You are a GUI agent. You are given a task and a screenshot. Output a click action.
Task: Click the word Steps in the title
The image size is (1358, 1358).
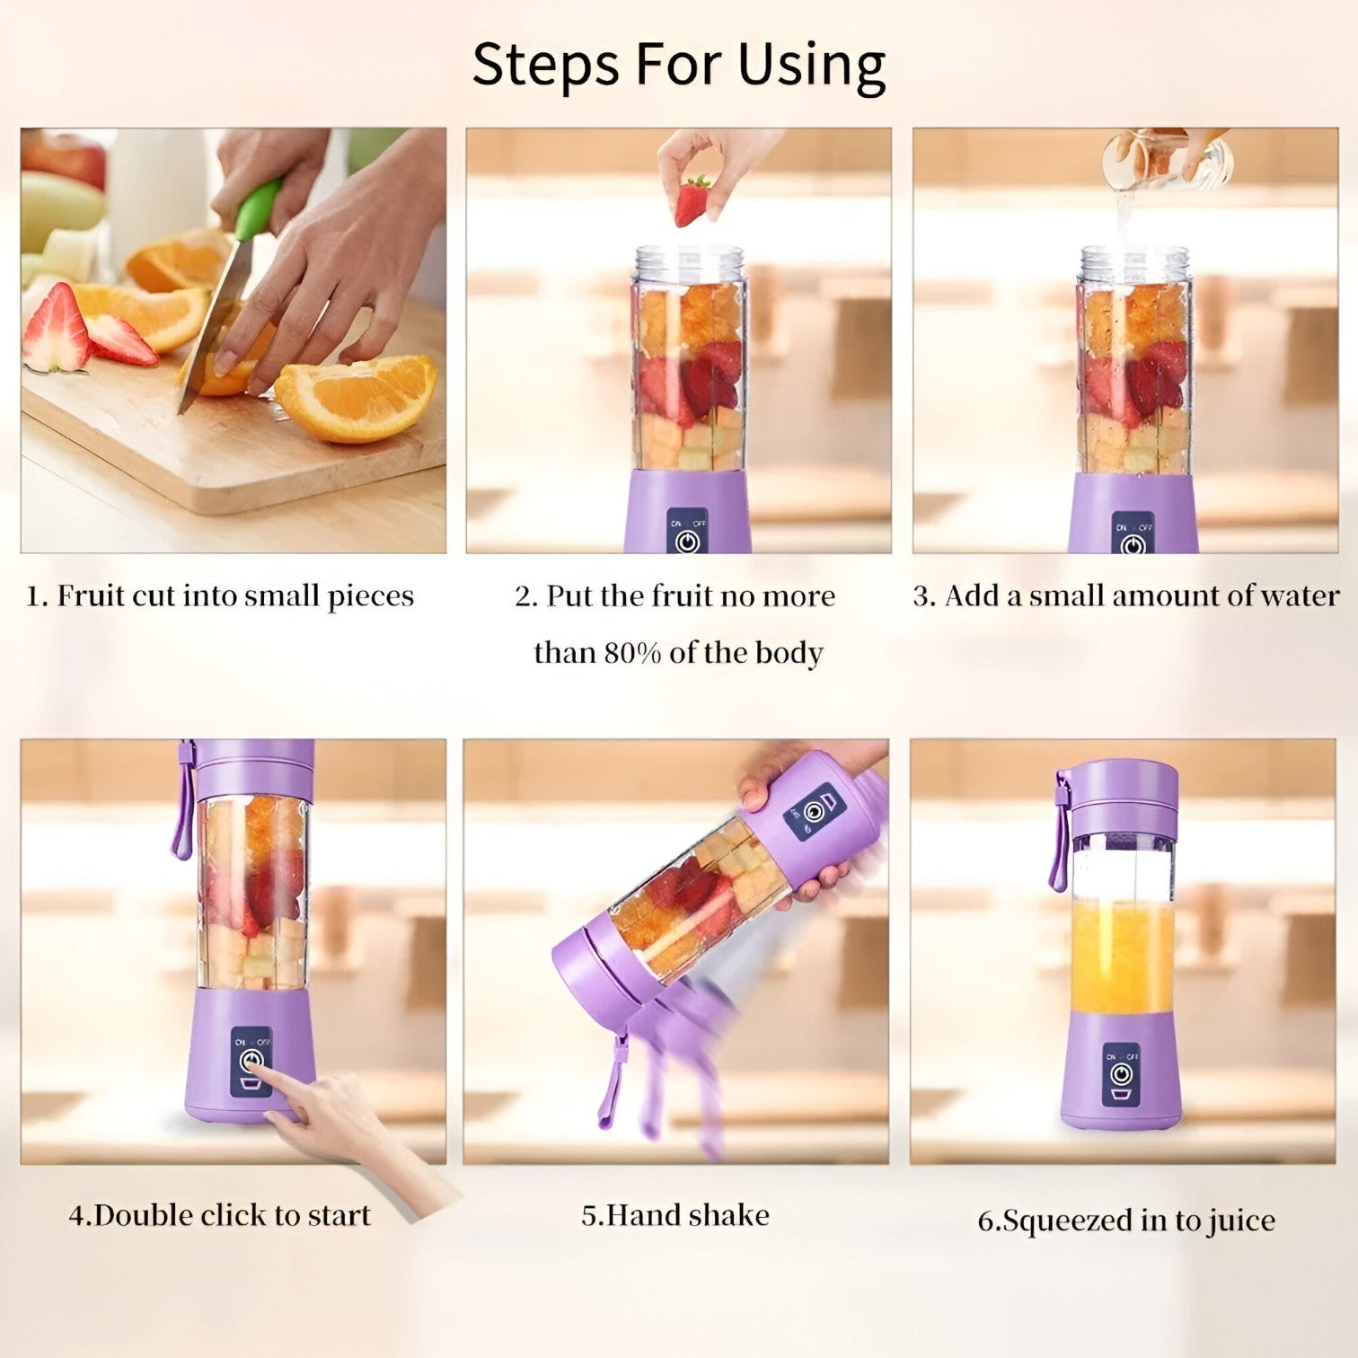pyautogui.click(x=547, y=66)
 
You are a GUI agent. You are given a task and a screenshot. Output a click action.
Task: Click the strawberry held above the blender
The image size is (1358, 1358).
pyautogui.click(x=692, y=202)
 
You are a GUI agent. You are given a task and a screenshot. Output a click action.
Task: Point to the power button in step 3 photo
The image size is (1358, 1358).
pyautogui.click(x=1133, y=543)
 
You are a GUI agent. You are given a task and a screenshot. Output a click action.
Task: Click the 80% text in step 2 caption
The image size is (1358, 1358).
pyautogui.click(x=632, y=653)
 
